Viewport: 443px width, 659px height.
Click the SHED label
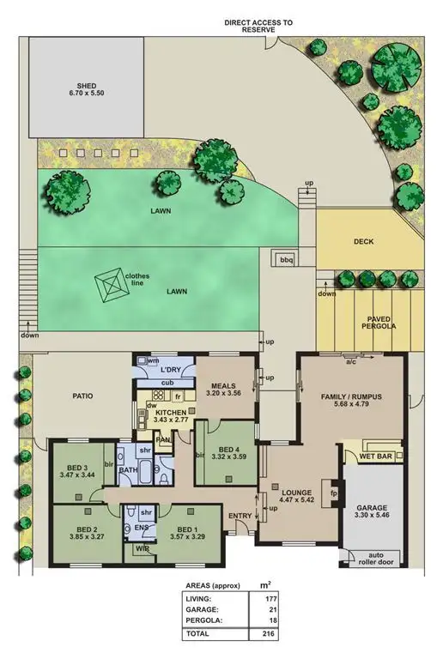click(85, 86)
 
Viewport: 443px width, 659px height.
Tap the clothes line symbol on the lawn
click(111, 283)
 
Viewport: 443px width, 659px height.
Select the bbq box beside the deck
click(282, 259)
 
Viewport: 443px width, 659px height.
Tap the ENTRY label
click(239, 515)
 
